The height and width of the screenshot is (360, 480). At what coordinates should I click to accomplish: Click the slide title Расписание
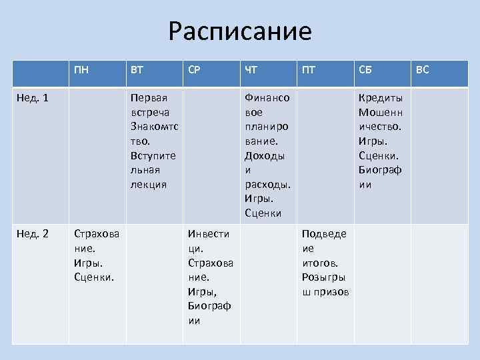click(x=240, y=31)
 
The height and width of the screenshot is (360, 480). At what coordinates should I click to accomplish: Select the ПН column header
click(x=83, y=69)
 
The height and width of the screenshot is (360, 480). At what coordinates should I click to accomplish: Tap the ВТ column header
click(x=136, y=69)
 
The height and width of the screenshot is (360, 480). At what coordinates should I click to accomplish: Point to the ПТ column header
click(x=309, y=69)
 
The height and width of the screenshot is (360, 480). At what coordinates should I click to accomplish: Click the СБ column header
click(x=366, y=69)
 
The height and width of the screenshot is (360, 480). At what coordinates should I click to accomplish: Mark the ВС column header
click(x=423, y=69)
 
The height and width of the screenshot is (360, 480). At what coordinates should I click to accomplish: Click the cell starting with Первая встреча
click(x=154, y=141)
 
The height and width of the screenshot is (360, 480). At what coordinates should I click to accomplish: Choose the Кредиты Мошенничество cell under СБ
click(x=381, y=141)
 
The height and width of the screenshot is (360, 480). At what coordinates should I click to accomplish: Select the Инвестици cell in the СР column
click(x=211, y=277)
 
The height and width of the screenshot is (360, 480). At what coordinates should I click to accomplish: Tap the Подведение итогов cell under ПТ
click(x=325, y=263)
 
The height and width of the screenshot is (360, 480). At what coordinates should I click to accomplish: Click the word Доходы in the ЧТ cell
click(x=265, y=155)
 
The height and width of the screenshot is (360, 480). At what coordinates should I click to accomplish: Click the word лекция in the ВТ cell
click(x=149, y=184)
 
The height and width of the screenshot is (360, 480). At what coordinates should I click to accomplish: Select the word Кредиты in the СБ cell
click(x=381, y=98)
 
